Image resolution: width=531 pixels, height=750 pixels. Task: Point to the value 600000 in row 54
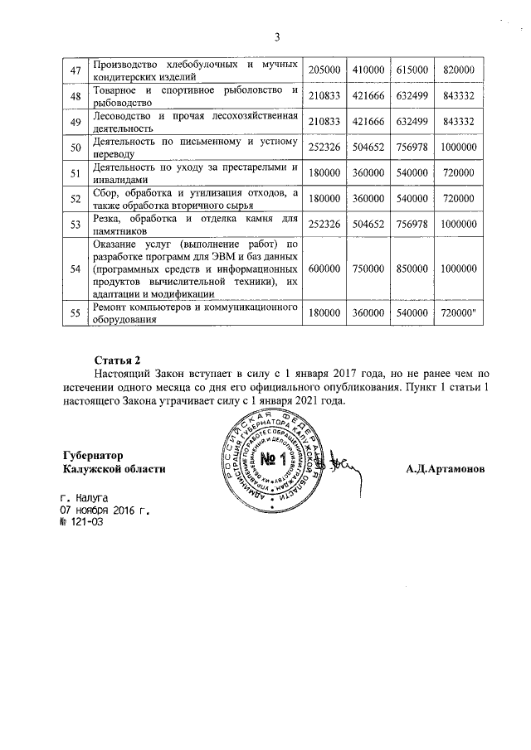pyautogui.click(x=323, y=269)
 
